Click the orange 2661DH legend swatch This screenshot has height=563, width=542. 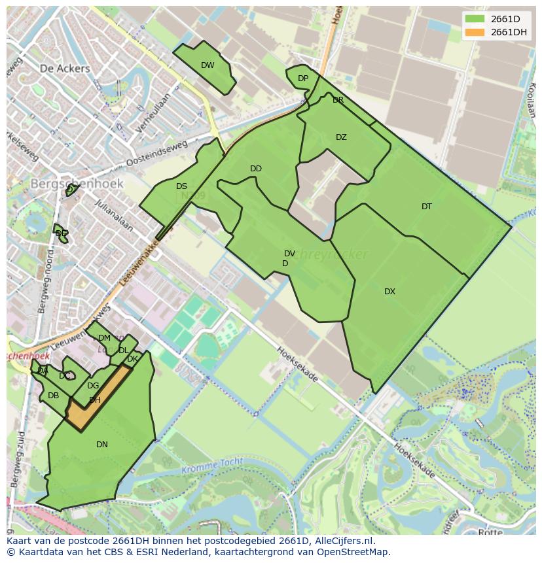[475, 33]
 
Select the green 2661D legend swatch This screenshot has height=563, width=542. [475, 19]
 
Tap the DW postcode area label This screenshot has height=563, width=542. [208, 65]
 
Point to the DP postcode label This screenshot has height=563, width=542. [303, 78]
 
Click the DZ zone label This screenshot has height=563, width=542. [341, 137]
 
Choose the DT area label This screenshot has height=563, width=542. [427, 207]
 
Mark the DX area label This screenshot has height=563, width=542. [389, 292]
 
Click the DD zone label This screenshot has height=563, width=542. [256, 169]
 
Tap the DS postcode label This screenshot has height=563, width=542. [181, 186]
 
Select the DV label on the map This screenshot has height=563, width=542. [289, 254]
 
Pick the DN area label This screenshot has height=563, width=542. [102, 445]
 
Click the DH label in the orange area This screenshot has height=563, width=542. [95, 400]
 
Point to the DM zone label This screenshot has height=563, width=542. [104, 338]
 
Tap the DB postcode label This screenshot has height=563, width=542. [54, 396]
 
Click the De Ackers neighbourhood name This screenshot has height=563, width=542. [64, 68]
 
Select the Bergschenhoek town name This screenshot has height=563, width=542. [77, 184]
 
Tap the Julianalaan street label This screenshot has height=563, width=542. [114, 216]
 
